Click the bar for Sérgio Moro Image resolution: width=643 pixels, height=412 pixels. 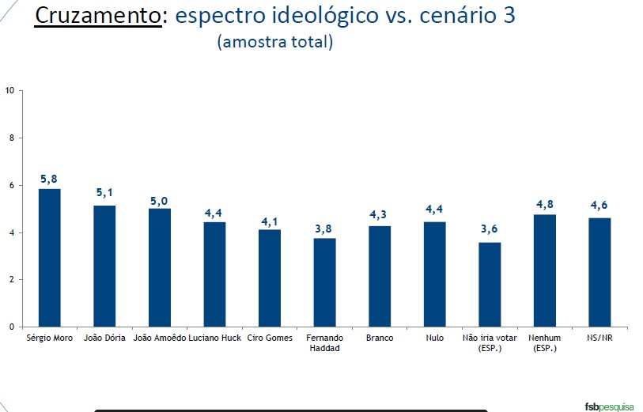click(49, 257)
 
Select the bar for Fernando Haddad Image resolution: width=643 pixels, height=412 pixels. click(324, 282)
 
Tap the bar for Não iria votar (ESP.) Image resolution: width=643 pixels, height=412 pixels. click(490, 284)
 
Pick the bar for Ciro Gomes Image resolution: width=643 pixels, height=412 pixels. click(270, 278)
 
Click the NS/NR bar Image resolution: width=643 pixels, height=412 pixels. click(600, 271)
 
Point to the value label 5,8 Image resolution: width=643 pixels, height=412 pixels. click(49, 178)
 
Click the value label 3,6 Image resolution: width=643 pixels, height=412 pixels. click(490, 231)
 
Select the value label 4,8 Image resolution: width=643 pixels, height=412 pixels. click(545, 203)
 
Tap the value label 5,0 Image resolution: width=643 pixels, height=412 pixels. click(160, 201)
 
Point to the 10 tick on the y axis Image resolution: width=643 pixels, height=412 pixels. click(10, 90)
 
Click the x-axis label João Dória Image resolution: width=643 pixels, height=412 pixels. click(104, 338)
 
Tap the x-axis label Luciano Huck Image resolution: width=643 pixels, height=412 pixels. click(214, 338)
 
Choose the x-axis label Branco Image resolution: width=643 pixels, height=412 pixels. click(380, 338)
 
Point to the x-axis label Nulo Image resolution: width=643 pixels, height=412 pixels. click(434, 338)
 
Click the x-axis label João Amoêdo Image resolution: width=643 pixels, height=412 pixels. click(160, 338)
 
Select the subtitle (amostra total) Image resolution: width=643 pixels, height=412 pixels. click(274, 42)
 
